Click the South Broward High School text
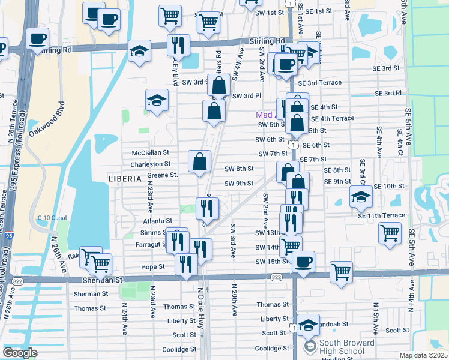click(347, 347)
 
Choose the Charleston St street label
click(151, 164)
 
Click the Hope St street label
click(153, 266)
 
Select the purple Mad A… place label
click(265, 115)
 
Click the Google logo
click(20, 352)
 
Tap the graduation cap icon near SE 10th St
click(361, 196)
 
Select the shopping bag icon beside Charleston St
click(200, 161)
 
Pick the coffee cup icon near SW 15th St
click(304, 262)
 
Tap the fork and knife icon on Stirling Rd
click(178, 44)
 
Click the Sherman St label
click(91, 294)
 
